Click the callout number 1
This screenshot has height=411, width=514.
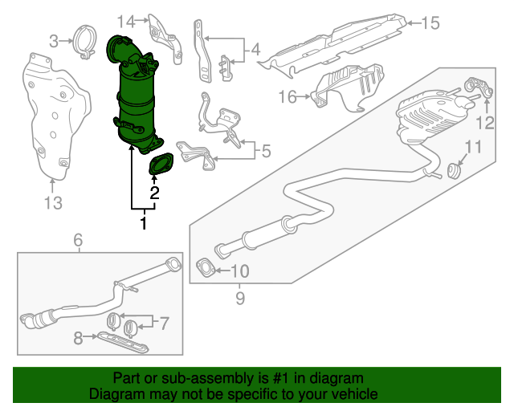(x=144, y=223)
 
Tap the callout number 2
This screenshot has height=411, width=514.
(x=154, y=193)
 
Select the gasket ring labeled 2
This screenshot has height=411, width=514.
(x=161, y=165)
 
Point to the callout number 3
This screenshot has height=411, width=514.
(x=54, y=40)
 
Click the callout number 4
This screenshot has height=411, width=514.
(x=255, y=51)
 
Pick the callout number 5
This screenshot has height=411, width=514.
(x=267, y=149)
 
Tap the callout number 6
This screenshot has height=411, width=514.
(x=78, y=240)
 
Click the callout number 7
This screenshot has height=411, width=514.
(x=164, y=324)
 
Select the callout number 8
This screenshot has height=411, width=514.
(x=78, y=340)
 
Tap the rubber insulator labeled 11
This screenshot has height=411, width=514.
(x=454, y=171)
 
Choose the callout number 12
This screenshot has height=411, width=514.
(x=484, y=122)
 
